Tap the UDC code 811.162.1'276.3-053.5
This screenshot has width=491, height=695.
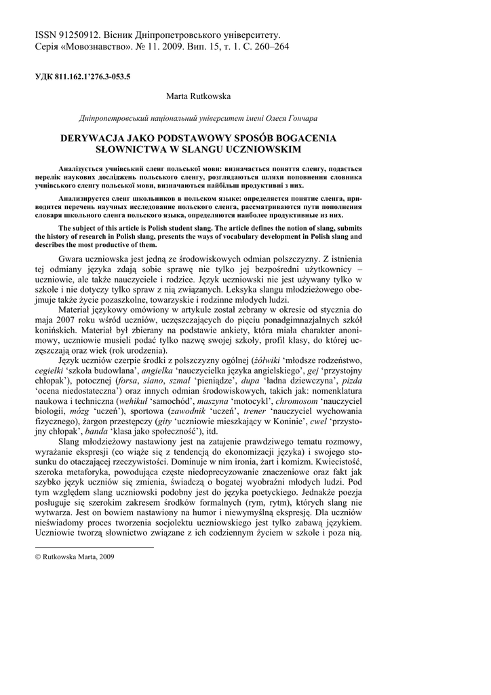pos(92,76)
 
